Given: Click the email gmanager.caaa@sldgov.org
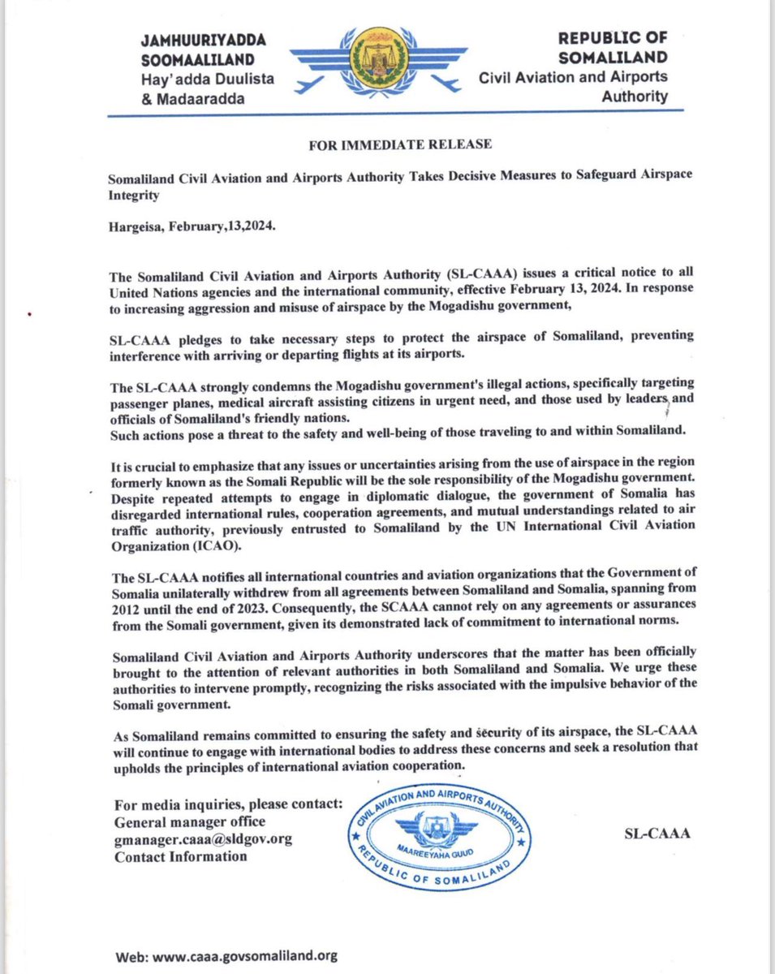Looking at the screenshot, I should pyautogui.click(x=203, y=838).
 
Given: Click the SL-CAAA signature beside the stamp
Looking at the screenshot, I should pyautogui.click(x=657, y=833).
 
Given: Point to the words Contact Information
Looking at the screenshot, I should pyautogui.click(x=181, y=855).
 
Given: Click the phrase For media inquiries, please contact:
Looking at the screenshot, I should pyautogui.click(x=230, y=803).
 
